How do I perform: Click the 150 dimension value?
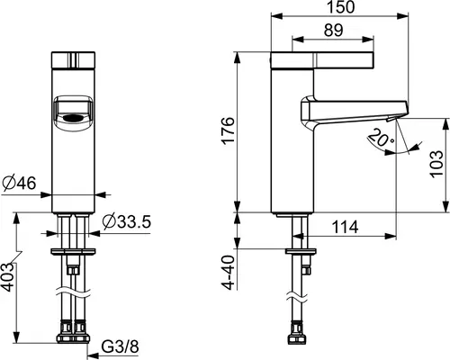pos(340,6)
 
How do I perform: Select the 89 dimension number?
pos(333,30)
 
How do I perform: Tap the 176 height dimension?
pos(228,130)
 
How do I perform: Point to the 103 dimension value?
pos(436,164)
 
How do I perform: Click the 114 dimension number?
pos(346,227)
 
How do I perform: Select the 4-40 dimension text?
pos(228,273)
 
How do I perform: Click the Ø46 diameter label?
pos(19,183)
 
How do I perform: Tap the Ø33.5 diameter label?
pos(126,222)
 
